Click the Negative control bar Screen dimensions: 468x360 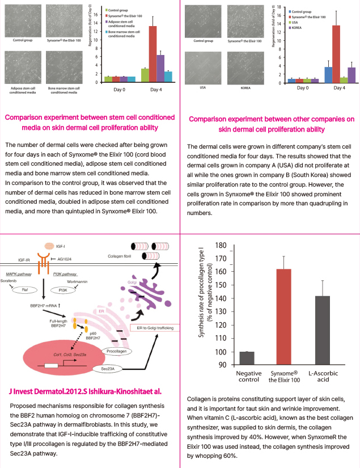tap(247, 359)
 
